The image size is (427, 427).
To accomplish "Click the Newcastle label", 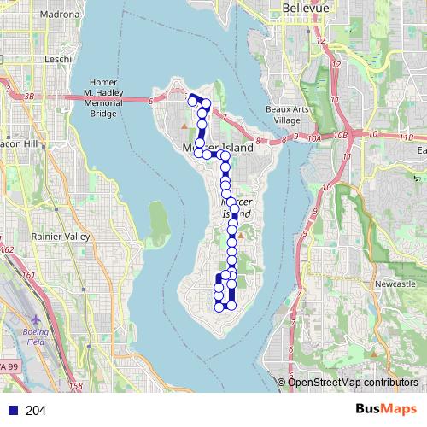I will tap(395, 283).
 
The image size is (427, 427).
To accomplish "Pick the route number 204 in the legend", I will tap(36, 411).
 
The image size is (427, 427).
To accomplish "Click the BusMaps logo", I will tap(386, 410).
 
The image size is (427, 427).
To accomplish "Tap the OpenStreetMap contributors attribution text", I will tap(353, 382).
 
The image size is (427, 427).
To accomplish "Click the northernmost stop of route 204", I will tap(193, 97).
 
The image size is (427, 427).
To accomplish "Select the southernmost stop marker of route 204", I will tap(231, 305).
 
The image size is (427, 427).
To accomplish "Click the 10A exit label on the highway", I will tap(315, 136).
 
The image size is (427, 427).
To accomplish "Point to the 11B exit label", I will tap(406, 137).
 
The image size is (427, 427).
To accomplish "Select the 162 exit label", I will tap(8, 249).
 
